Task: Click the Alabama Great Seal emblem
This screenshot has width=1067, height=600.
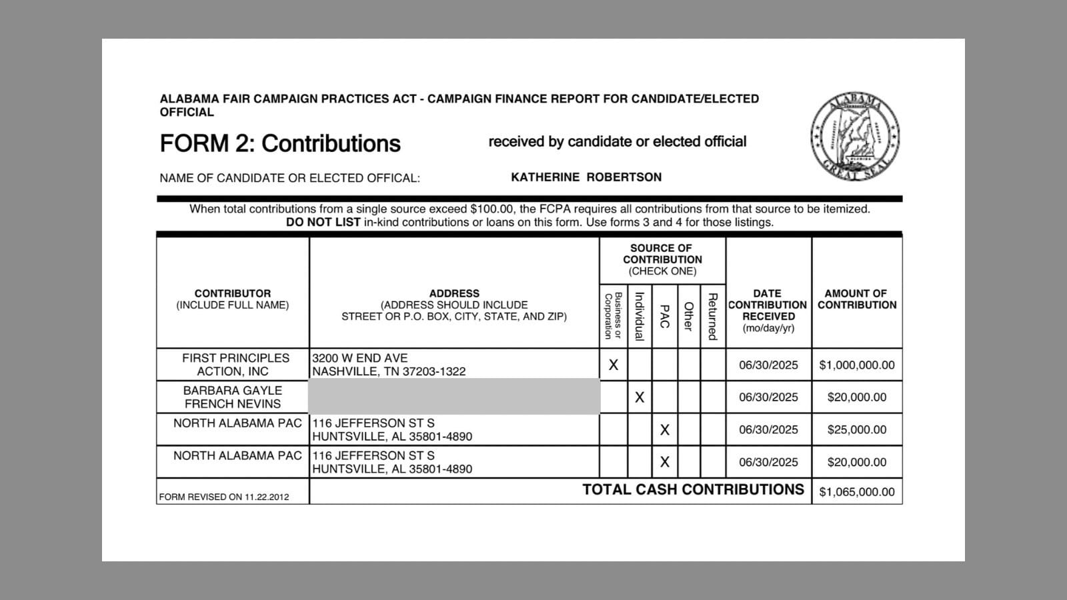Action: [x=855, y=137]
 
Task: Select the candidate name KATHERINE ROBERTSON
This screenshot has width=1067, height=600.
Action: [x=586, y=177]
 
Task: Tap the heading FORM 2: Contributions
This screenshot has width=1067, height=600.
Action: [x=280, y=143]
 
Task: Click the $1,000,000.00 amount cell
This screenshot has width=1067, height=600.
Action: [x=857, y=365]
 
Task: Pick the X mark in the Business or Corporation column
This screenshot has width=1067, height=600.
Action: [x=614, y=365]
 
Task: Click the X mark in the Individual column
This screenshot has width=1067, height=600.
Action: [x=640, y=397]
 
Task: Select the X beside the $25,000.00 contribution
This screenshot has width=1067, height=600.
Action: [x=664, y=430]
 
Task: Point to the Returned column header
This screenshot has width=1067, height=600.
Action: [x=712, y=316]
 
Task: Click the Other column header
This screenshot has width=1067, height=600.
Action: [x=689, y=316]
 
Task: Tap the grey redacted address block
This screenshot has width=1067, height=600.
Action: [x=454, y=397]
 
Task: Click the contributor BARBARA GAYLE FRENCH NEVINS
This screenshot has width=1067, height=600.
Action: [x=233, y=397]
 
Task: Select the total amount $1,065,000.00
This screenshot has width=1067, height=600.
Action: [x=857, y=492]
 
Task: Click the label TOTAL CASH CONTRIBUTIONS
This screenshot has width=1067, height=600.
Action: [x=693, y=490]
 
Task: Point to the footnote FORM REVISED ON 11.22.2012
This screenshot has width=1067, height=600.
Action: [x=224, y=497]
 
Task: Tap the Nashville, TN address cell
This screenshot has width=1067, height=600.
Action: [x=389, y=365]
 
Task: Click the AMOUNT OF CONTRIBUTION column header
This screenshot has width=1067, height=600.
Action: [x=857, y=299]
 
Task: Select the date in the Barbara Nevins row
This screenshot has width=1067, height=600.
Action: [x=768, y=397]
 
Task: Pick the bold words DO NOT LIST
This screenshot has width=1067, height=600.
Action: [x=323, y=223]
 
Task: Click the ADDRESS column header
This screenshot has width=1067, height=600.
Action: [x=454, y=293]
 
